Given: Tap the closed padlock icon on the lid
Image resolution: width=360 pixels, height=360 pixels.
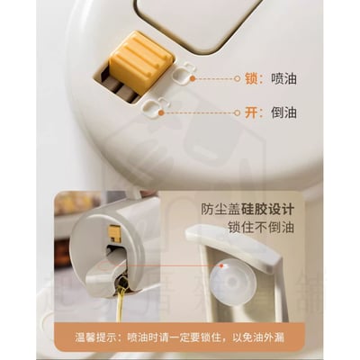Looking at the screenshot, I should click(x=186, y=72).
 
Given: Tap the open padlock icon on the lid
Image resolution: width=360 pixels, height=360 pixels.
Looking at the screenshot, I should click(x=163, y=106).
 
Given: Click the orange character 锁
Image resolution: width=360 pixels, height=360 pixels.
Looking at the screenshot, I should click(x=251, y=79).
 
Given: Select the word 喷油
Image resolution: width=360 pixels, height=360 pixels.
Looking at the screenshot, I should click(x=283, y=79).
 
